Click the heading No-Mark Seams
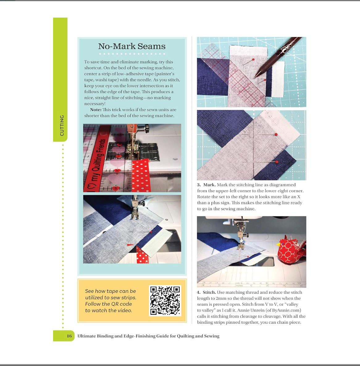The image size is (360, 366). [x=132, y=46]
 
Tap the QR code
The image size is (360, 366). [x=165, y=301]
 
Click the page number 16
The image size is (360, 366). [x=69, y=336]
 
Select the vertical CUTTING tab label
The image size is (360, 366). [x=62, y=125]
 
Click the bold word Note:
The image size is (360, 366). [x=96, y=110]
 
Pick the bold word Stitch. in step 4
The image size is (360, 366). [x=209, y=292]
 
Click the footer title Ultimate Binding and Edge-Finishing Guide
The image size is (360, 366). [x=148, y=336]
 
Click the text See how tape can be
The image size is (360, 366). [x=110, y=291]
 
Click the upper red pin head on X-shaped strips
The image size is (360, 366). [x=276, y=135]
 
